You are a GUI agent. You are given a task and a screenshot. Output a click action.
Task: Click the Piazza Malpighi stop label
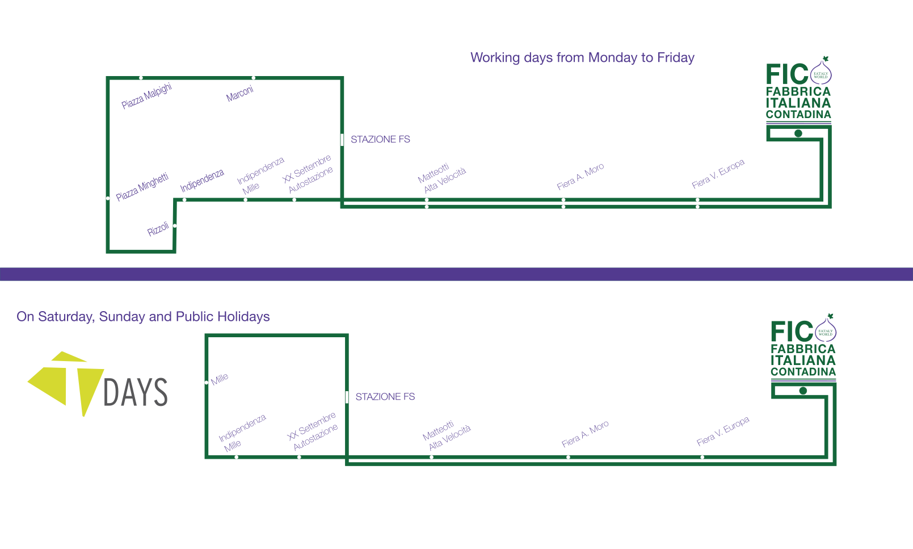pyautogui.click(x=146, y=95)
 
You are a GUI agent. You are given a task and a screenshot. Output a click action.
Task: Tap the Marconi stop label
pyautogui.click(x=240, y=94)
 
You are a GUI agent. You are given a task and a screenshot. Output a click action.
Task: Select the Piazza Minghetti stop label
pyautogui.click(x=142, y=187)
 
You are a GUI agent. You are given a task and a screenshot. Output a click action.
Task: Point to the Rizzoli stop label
pyautogui.click(x=158, y=229)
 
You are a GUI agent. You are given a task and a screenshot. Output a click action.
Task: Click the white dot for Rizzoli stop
pyautogui.click(x=175, y=226)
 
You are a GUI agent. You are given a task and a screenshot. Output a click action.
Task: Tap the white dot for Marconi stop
pyautogui.click(x=253, y=78)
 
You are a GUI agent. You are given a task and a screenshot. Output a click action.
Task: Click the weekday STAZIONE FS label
pyautogui.click(x=380, y=140)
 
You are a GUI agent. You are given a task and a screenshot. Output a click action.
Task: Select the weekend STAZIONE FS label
pyautogui.click(x=385, y=397)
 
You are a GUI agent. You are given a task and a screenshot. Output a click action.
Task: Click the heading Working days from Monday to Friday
pyautogui.click(x=582, y=58)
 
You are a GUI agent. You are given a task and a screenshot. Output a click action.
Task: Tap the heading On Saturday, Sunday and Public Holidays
pyautogui.click(x=143, y=317)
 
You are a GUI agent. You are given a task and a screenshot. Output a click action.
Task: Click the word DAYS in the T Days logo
pyautogui.click(x=136, y=392)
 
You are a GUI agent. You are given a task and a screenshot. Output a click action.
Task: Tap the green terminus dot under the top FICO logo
pyautogui.click(x=798, y=133)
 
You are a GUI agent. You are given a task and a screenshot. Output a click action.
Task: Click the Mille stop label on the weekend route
pyautogui.click(x=220, y=379)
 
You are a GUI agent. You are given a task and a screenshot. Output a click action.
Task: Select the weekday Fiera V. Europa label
pyautogui.click(x=718, y=174)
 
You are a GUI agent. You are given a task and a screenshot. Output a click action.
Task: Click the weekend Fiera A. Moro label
pyautogui.click(x=585, y=434)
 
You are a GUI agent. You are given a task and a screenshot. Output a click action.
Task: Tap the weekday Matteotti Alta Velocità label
pyautogui.click(x=441, y=178)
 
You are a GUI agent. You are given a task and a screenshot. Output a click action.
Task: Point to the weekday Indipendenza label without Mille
pyautogui.click(x=202, y=181)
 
